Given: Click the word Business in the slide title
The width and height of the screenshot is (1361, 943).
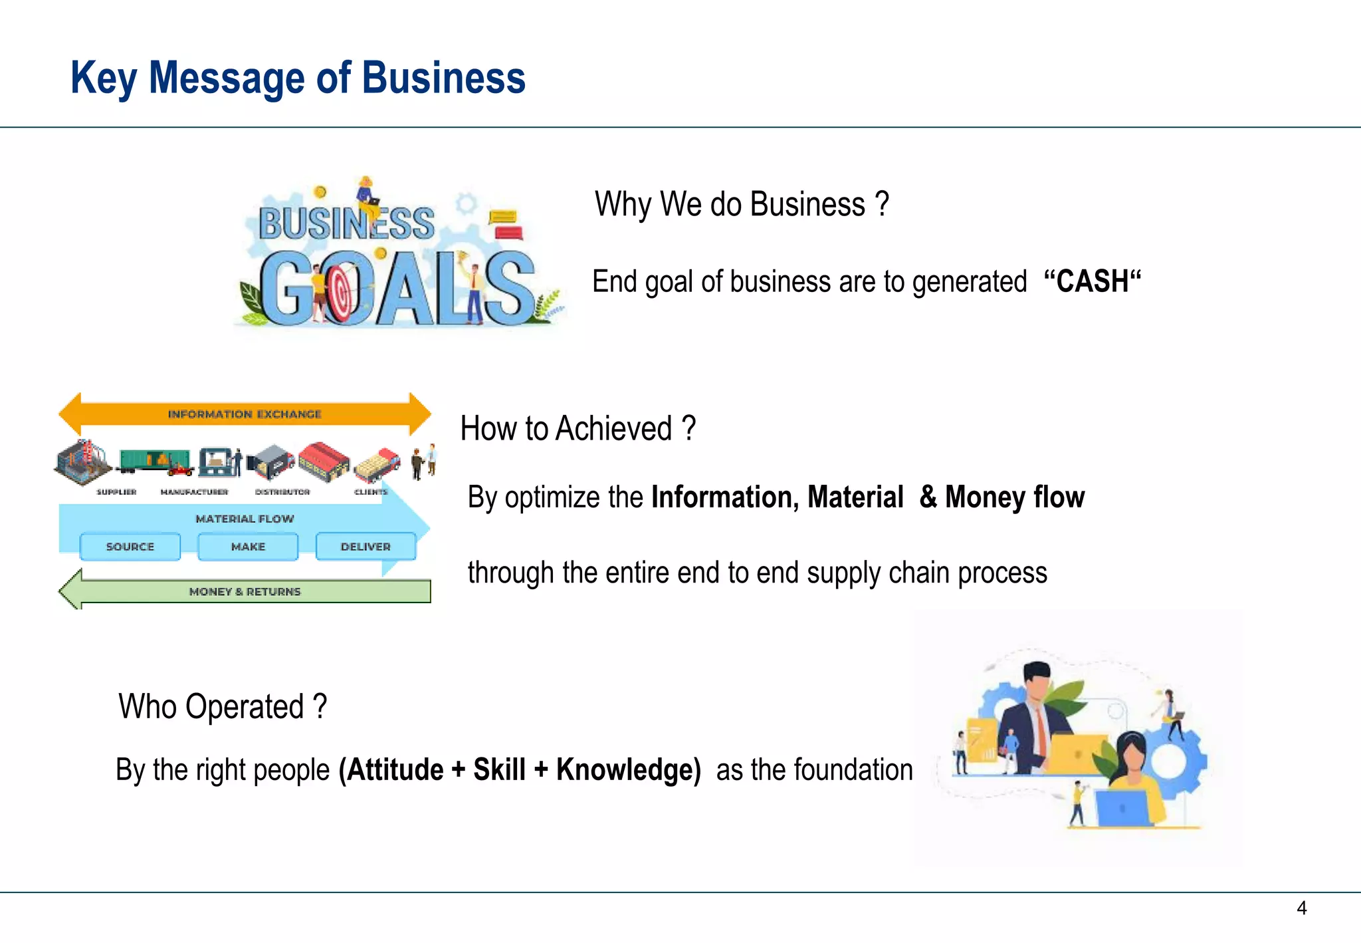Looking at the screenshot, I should click(443, 78).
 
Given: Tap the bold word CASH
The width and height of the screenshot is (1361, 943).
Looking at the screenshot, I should click(1092, 281).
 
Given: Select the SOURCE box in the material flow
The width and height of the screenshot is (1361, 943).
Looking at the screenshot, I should click(130, 547).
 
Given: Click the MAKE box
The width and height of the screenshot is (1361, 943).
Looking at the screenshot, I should click(248, 547).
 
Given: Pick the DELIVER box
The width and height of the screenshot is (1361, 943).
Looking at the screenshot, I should click(366, 547).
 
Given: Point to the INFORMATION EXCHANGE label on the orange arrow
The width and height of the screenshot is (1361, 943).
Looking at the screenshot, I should click(244, 414).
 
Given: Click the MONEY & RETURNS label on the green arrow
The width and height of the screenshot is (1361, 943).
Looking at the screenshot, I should click(245, 591).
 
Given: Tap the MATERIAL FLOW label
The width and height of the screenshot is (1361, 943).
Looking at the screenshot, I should click(245, 519).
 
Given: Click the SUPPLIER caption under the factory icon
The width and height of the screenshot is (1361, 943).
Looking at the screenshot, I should click(116, 492).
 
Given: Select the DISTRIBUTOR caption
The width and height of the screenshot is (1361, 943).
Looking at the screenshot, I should click(282, 492).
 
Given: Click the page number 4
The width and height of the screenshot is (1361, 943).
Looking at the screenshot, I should click(1301, 908).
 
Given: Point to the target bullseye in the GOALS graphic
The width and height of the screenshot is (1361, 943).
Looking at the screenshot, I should click(341, 291).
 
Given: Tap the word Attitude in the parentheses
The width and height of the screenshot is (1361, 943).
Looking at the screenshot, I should click(395, 770).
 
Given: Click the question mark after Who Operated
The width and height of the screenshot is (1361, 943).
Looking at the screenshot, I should click(320, 706).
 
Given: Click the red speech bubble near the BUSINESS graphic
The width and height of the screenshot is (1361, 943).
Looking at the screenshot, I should click(508, 233).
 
